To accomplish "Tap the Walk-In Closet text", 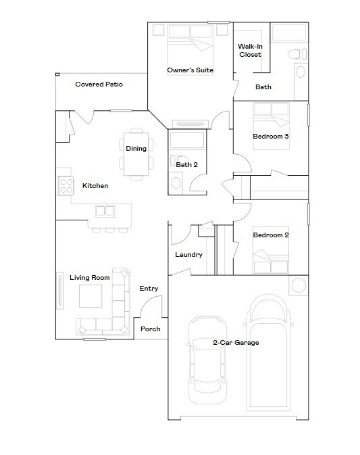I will (250, 51).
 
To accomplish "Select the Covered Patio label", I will (99, 85).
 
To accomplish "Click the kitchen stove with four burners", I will (66, 185).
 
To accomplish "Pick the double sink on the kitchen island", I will (105, 211).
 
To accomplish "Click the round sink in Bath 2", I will (176, 181).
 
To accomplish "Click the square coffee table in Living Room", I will (91, 297).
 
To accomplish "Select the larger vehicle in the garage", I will (269, 355).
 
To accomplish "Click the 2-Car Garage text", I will (236, 343).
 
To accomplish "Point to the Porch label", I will (150, 329).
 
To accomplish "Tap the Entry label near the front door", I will (149, 289).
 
